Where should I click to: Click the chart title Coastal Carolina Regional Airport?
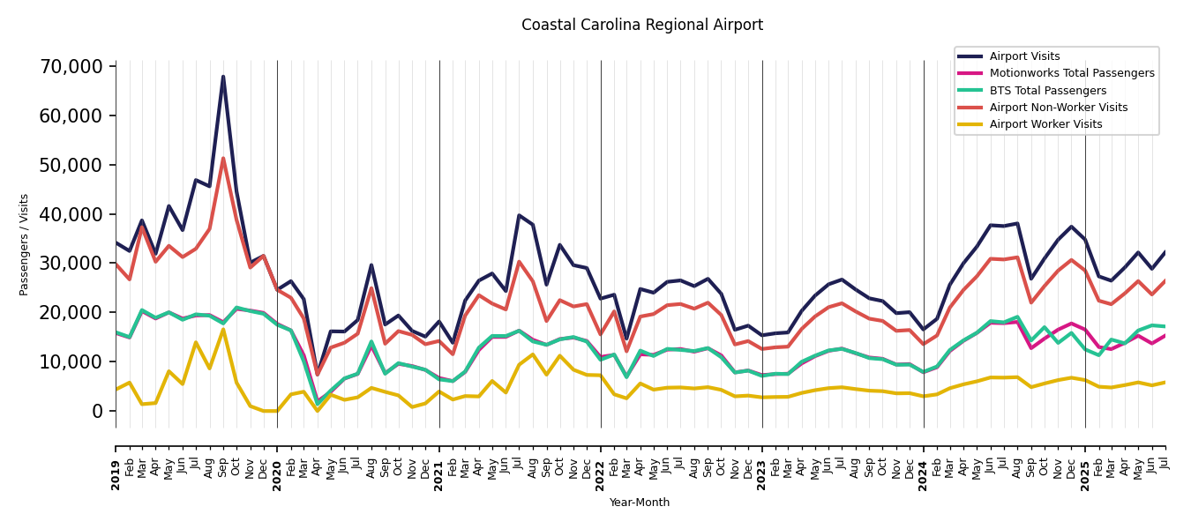641,26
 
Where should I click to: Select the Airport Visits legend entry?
1024,56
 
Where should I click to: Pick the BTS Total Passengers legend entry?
1047,91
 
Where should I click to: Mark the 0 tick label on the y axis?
97,411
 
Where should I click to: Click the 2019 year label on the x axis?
116,462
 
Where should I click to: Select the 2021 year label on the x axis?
439,462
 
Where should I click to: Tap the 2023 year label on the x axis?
762,462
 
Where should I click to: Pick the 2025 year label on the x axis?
1085,462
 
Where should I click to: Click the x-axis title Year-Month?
640,503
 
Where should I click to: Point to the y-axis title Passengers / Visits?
25,244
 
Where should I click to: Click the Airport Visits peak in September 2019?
223,77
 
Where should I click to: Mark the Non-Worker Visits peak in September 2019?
223,159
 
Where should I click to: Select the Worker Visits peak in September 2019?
223,330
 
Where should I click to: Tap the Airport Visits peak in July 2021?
519,215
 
